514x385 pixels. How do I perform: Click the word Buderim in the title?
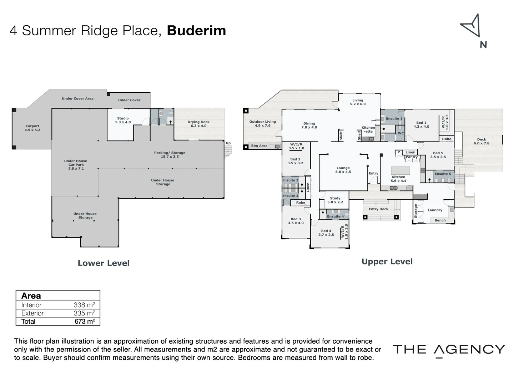196,31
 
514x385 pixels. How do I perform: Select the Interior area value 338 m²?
84,305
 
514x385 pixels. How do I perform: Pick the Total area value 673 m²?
85,322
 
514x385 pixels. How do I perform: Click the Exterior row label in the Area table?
32,313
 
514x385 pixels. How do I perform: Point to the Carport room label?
32,128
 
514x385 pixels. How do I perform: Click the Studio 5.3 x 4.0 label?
123,120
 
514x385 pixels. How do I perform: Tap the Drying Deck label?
198,124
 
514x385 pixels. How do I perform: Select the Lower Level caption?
104,263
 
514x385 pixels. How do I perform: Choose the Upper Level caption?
387,262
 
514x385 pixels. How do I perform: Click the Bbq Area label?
259,146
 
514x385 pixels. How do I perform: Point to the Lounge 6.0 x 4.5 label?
343,170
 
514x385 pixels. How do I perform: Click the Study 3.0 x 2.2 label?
335,200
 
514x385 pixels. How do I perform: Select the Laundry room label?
435,210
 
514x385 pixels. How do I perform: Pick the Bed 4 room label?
326,233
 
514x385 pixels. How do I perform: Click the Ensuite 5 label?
443,174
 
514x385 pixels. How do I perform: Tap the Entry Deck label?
378,209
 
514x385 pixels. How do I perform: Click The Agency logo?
449,350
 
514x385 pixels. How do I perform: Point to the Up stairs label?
228,143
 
